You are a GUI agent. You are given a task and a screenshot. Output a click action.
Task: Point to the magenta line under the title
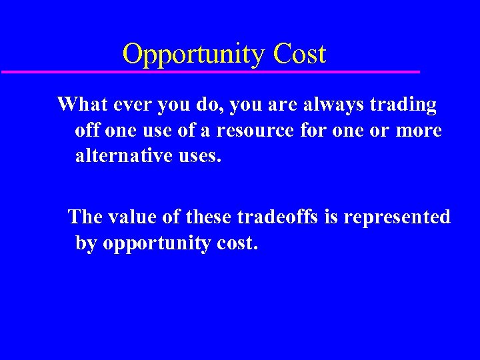(211, 71)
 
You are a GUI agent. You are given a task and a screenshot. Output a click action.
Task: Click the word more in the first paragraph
(418, 131)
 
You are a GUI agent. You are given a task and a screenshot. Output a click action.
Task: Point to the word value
(132, 217)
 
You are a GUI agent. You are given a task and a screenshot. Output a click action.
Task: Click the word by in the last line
(85, 244)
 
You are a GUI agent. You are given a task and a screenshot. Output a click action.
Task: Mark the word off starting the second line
(87, 131)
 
